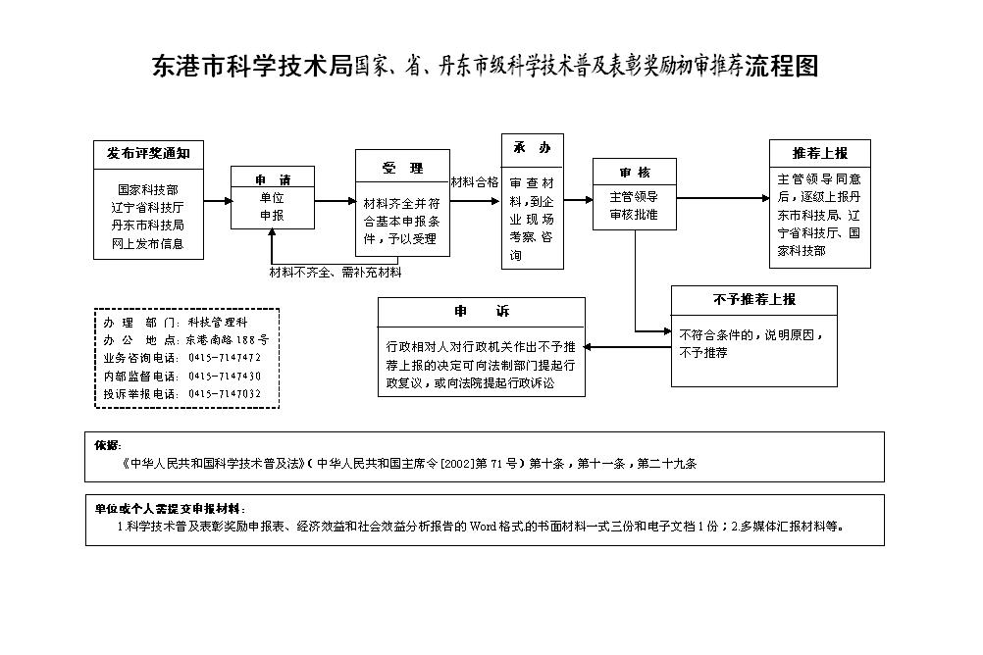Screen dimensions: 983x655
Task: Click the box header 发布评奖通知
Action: click(x=148, y=154)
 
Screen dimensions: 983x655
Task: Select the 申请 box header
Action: click(x=273, y=179)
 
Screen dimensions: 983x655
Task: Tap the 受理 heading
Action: click(x=402, y=168)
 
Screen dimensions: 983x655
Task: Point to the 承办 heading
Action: click(x=533, y=148)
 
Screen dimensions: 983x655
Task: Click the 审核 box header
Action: click(x=635, y=173)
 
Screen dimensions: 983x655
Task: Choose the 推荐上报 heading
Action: click(x=820, y=153)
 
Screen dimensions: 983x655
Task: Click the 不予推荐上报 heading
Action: click(x=754, y=300)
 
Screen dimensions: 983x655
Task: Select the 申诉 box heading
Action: click(x=482, y=312)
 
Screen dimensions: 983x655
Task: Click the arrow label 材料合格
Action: click(x=475, y=182)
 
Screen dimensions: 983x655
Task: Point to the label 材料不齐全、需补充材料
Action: click(x=336, y=273)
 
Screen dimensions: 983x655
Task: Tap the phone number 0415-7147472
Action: click(x=225, y=358)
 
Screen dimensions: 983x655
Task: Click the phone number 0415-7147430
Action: click(x=225, y=377)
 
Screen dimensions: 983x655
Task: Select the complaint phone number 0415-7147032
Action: click(x=225, y=393)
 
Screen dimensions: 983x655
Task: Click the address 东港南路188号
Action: click(x=228, y=339)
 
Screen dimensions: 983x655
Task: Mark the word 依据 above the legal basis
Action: click(x=107, y=445)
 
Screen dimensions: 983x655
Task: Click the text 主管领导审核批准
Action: click(x=634, y=206)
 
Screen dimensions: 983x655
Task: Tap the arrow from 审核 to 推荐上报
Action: click(x=723, y=198)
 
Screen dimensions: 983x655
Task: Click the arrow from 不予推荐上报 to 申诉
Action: click(x=628, y=347)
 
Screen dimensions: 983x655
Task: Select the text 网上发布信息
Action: click(x=148, y=244)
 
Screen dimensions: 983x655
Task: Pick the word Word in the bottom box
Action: click(x=484, y=527)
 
